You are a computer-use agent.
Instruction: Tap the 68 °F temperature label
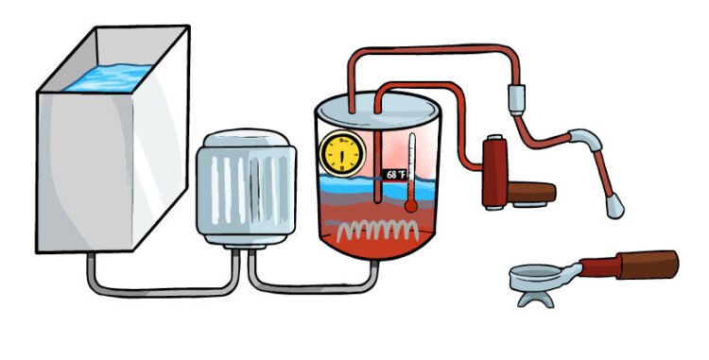(x=395, y=175)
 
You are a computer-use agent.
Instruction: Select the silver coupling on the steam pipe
(x=515, y=96)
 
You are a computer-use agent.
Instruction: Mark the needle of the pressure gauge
(x=337, y=151)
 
